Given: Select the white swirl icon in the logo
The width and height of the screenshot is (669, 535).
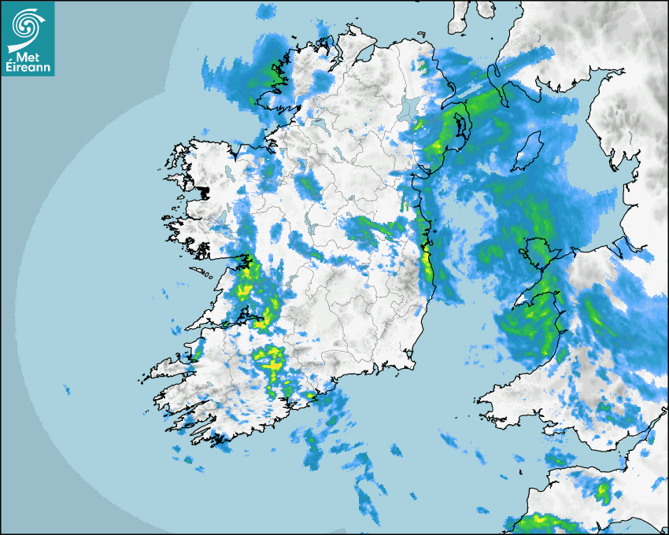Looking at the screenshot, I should pos(28,27).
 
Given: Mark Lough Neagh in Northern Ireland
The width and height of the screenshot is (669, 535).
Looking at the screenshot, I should pos(409,108).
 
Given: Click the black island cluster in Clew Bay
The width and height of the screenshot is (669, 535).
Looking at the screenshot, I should pos(205,191).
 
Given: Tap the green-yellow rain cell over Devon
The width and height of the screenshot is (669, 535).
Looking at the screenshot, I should pos(603,493).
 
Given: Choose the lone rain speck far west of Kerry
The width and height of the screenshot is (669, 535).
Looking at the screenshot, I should pos(66,389).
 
